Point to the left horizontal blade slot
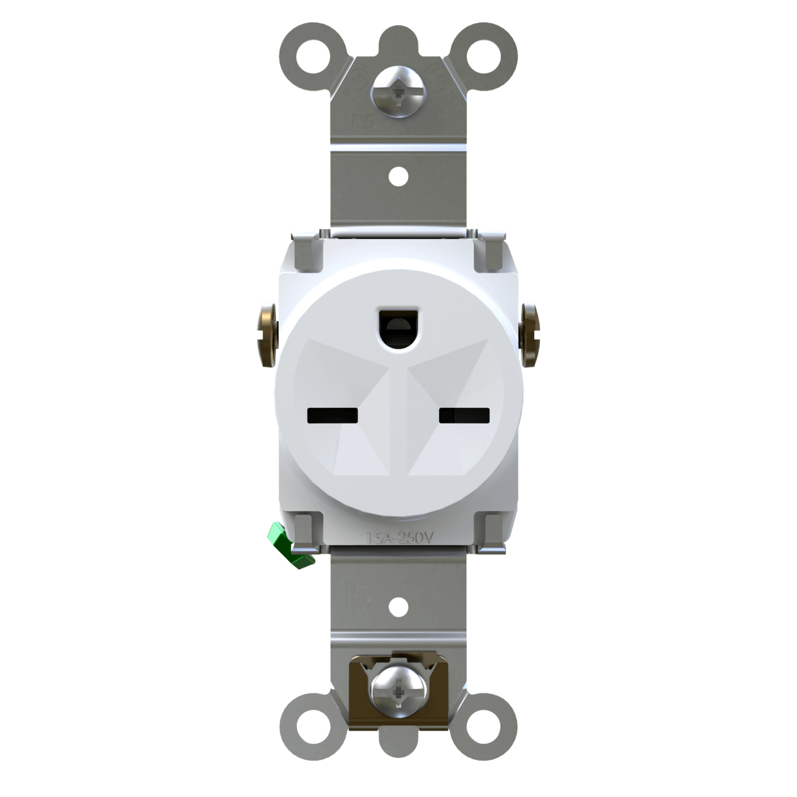tap(332, 415)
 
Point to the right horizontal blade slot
tap(465, 415)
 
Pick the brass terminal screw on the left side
tap(266, 334)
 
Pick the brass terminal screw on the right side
tap(530, 334)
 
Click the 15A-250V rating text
tap(398, 537)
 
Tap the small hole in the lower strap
tap(398, 603)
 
